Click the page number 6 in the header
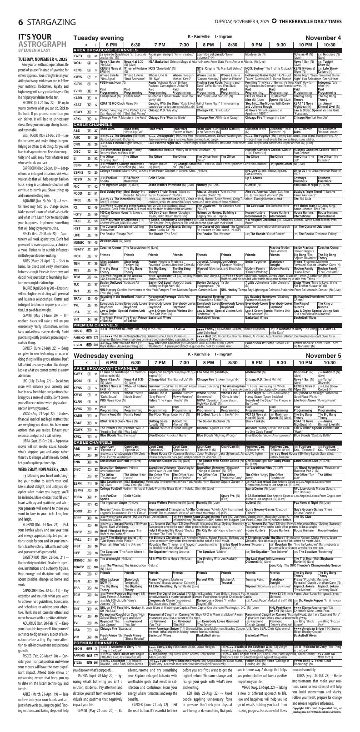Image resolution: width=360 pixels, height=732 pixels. click(8, 10)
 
